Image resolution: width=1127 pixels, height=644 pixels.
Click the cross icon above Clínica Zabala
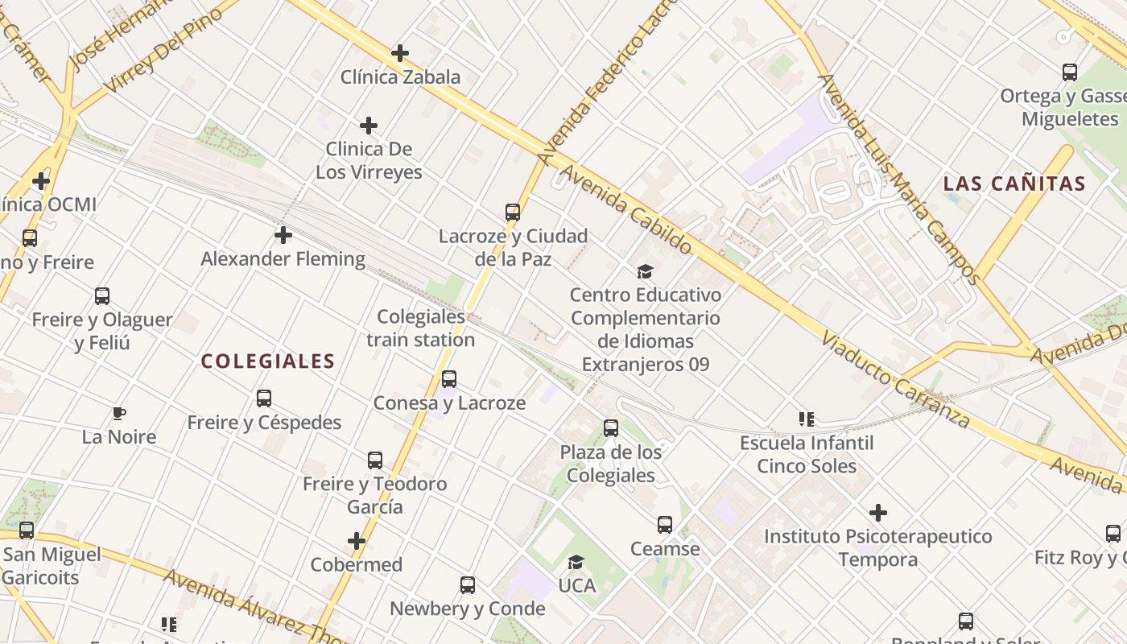coord(400,54)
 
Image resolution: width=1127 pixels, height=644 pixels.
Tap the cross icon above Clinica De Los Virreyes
coord(369,126)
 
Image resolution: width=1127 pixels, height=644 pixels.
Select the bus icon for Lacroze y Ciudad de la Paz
coord(513,213)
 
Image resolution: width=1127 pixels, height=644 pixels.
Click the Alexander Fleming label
coord(283,259)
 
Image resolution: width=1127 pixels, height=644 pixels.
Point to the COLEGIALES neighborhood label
coord(267,361)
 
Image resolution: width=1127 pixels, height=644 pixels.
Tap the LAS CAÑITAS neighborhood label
coord(1014,184)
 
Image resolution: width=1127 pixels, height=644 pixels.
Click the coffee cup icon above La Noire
coord(119,414)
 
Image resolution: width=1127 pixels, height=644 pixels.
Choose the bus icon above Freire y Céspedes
coord(264,398)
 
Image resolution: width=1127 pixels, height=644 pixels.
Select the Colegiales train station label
coord(421,328)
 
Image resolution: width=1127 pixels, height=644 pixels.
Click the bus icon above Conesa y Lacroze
coord(449,379)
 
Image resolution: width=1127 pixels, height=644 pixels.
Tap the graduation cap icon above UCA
coord(576,562)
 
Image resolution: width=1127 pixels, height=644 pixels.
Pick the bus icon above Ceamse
coord(665,525)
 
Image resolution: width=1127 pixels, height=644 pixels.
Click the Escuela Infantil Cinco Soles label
coord(807,454)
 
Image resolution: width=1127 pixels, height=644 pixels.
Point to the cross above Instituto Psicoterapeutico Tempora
coord(878,513)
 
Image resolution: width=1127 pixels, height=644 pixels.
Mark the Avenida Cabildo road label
coord(625,209)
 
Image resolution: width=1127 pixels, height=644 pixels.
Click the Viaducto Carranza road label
coord(895,378)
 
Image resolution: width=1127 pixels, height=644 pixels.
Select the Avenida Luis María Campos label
coord(899,179)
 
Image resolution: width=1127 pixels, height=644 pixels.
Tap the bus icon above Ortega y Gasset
coord(1070,72)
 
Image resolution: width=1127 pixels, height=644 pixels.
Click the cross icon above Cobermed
coord(357,541)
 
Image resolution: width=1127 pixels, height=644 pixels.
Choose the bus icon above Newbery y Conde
coord(468,585)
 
